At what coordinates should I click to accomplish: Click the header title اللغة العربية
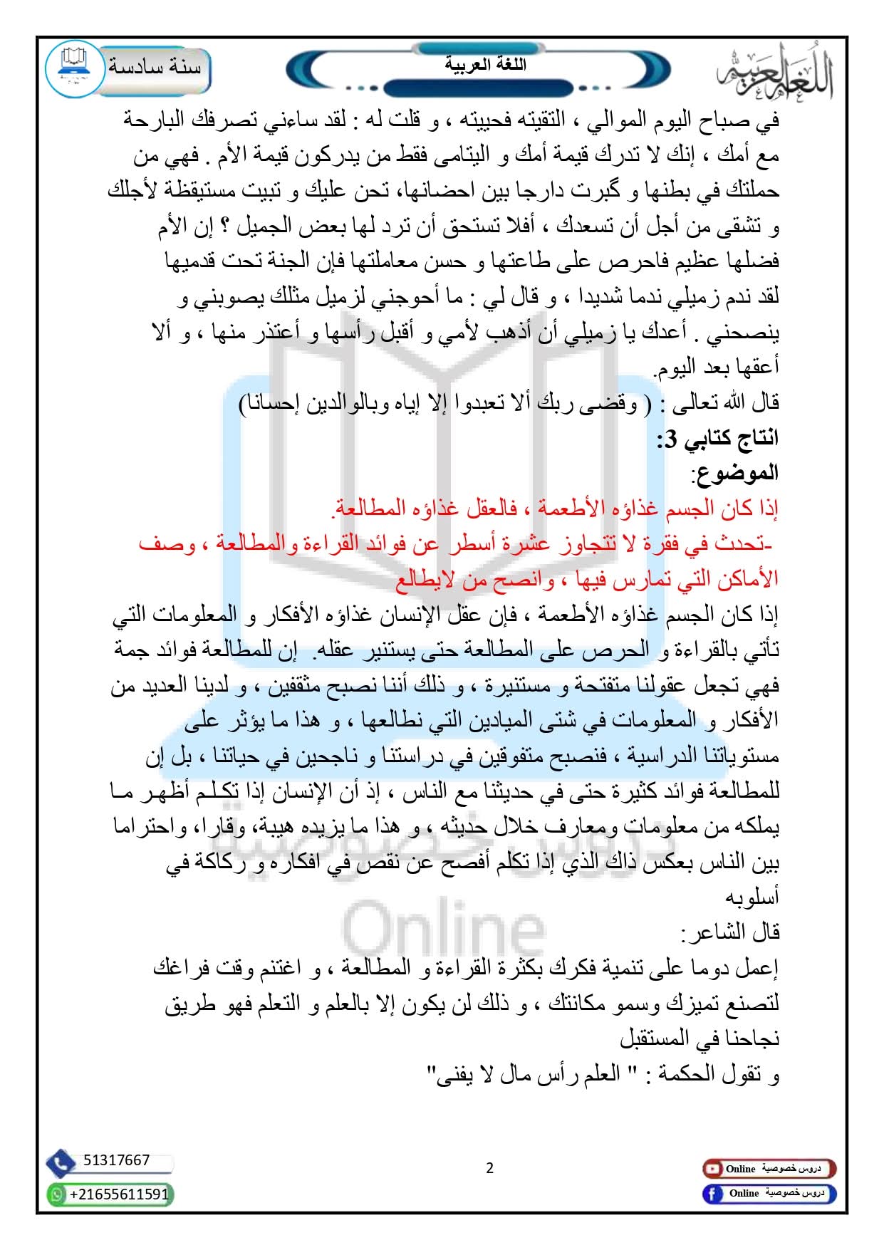pyautogui.click(x=485, y=64)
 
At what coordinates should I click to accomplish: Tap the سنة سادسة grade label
pyautogui.click(x=155, y=67)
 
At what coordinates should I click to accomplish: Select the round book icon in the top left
pyautogui.click(x=74, y=68)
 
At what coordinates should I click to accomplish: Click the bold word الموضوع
pyautogui.click(x=736, y=473)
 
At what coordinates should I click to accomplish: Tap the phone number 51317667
pyautogui.click(x=116, y=1160)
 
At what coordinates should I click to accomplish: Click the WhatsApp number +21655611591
pyautogui.click(x=119, y=1194)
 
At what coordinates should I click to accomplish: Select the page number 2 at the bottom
pyautogui.click(x=489, y=1168)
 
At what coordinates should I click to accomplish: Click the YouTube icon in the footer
pyautogui.click(x=712, y=1169)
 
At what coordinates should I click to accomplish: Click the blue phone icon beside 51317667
pyautogui.click(x=61, y=1163)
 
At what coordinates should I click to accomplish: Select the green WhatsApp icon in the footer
pyautogui.click(x=57, y=1194)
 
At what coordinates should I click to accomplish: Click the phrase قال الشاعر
pyautogui.click(x=731, y=932)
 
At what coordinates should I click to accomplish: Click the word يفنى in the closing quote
pyautogui.click(x=447, y=1074)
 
